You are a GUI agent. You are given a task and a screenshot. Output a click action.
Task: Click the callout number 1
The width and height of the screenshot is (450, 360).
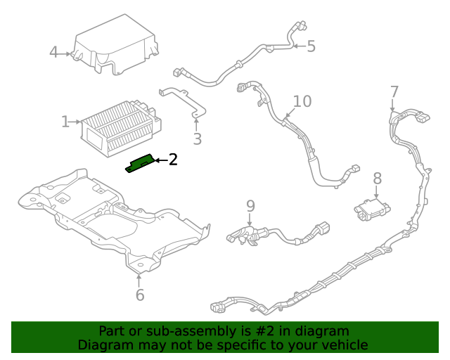pyautogui.click(x=65, y=122)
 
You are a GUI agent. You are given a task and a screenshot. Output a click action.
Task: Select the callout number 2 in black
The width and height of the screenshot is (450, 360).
pyautogui.click(x=173, y=160)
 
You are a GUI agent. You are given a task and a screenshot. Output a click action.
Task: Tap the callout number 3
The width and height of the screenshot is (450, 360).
pyautogui.click(x=197, y=139)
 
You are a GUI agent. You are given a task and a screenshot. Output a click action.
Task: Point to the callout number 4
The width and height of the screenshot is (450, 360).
pyautogui.click(x=54, y=53)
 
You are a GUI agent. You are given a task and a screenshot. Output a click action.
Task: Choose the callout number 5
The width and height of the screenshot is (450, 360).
pyautogui.click(x=311, y=46)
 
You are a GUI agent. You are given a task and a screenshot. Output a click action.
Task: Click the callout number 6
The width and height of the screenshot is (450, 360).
pyautogui.click(x=140, y=295)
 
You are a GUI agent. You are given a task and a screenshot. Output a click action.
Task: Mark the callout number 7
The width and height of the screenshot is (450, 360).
pyautogui.click(x=394, y=91)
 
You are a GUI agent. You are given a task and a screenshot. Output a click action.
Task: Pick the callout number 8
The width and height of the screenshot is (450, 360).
pyautogui.click(x=378, y=179)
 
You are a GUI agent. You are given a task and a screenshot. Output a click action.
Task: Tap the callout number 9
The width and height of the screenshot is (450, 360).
pyautogui.click(x=250, y=206)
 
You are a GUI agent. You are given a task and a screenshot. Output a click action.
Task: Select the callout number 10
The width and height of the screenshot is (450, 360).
pyautogui.click(x=302, y=101)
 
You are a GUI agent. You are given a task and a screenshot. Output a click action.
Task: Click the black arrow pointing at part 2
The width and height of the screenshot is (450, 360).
pyautogui.click(x=159, y=160)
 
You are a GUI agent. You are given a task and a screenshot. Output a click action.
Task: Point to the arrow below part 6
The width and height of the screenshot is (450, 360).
pyautogui.click(x=139, y=280)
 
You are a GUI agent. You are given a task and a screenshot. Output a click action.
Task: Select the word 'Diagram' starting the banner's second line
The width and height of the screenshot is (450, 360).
pyautogui.click(x=104, y=345)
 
